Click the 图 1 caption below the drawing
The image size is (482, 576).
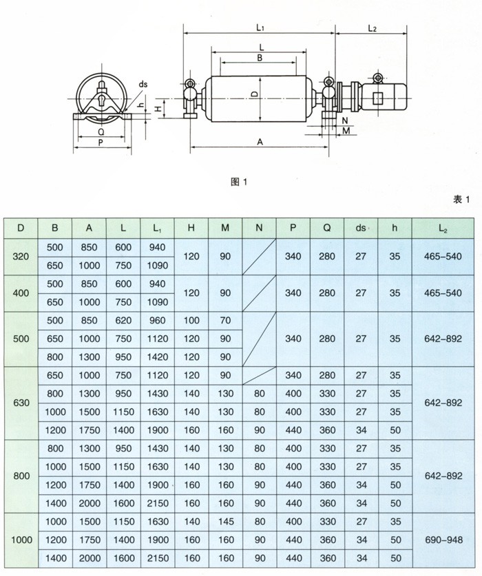click(238, 182)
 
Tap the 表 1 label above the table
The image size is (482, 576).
click(461, 199)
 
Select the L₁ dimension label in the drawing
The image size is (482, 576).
click(260, 28)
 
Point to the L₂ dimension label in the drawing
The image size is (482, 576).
click(372, 28)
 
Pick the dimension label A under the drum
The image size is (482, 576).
click(260, 141)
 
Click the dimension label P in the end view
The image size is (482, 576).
click(101, 143)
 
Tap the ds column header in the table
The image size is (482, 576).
click(361, 228)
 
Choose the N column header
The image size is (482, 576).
click(259, 228)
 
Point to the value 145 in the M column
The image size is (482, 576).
click(225, 522)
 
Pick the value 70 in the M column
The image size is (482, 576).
click(225, 321)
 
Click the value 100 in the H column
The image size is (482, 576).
click(191, 321)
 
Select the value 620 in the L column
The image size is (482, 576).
click(123, 321)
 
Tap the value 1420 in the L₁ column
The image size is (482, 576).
click(157, 357)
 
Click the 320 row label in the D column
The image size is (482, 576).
click(21, 257)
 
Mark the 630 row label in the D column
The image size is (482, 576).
click(21, 403)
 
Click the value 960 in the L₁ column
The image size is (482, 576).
click(157, 321)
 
